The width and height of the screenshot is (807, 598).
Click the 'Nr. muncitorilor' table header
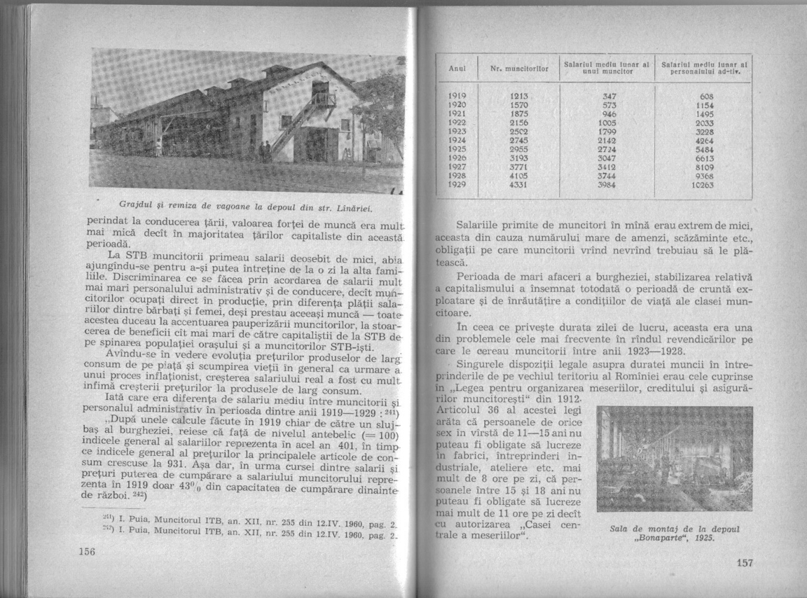pyautogui.click(x=517, y=69)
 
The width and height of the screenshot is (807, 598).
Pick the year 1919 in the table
pyautogui.click(x=457, y=93)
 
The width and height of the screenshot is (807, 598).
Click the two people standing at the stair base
pyautogui.click(x=264, y=151)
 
